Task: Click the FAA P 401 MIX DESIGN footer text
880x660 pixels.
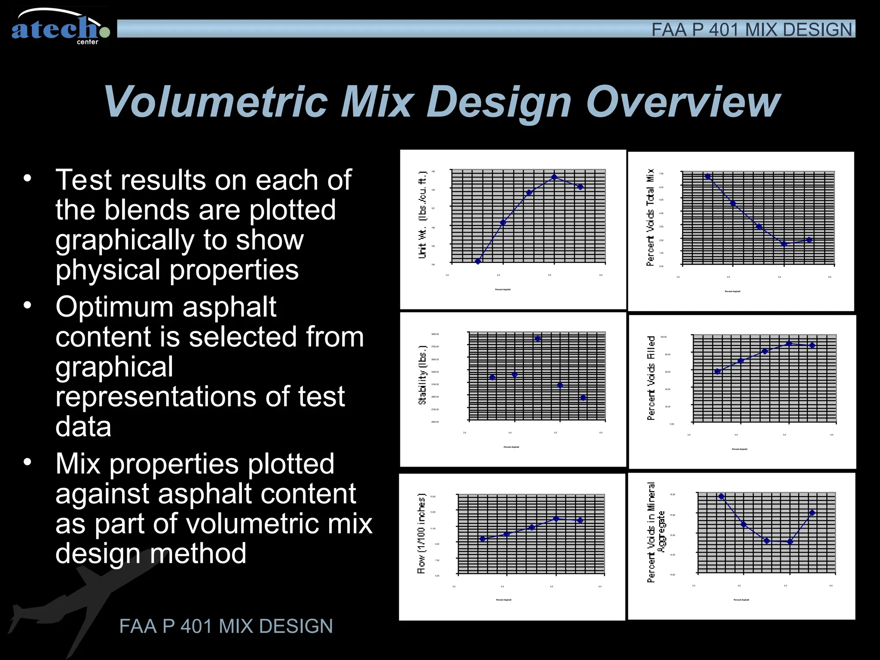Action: click(x=226, y=626)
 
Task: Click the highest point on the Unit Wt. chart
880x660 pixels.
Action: click(x=554, y=177)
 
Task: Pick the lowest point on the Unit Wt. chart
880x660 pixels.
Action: click(x=478, y=261)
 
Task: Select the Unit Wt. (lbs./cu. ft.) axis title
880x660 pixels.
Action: click(x=423, y=215)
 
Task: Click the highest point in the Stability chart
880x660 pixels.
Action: click(x=538, y=339)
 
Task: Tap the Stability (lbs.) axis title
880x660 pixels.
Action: click(x=423, y=375)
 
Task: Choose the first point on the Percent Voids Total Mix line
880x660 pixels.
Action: click(x=708, y=176)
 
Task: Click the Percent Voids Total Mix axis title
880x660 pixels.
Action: click(x=651, y=217)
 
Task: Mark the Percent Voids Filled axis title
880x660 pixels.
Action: click(x=651, y=378)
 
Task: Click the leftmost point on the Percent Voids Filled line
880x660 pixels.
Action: click(x=717, y=372)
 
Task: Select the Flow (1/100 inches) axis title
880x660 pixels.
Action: click(x=422, y=533)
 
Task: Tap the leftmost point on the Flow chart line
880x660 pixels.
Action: click(x=483, y=539)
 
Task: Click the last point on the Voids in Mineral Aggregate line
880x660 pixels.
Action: click(x=812, y=513)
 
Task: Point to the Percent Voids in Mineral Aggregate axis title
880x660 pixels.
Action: click(x=655, y=532)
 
